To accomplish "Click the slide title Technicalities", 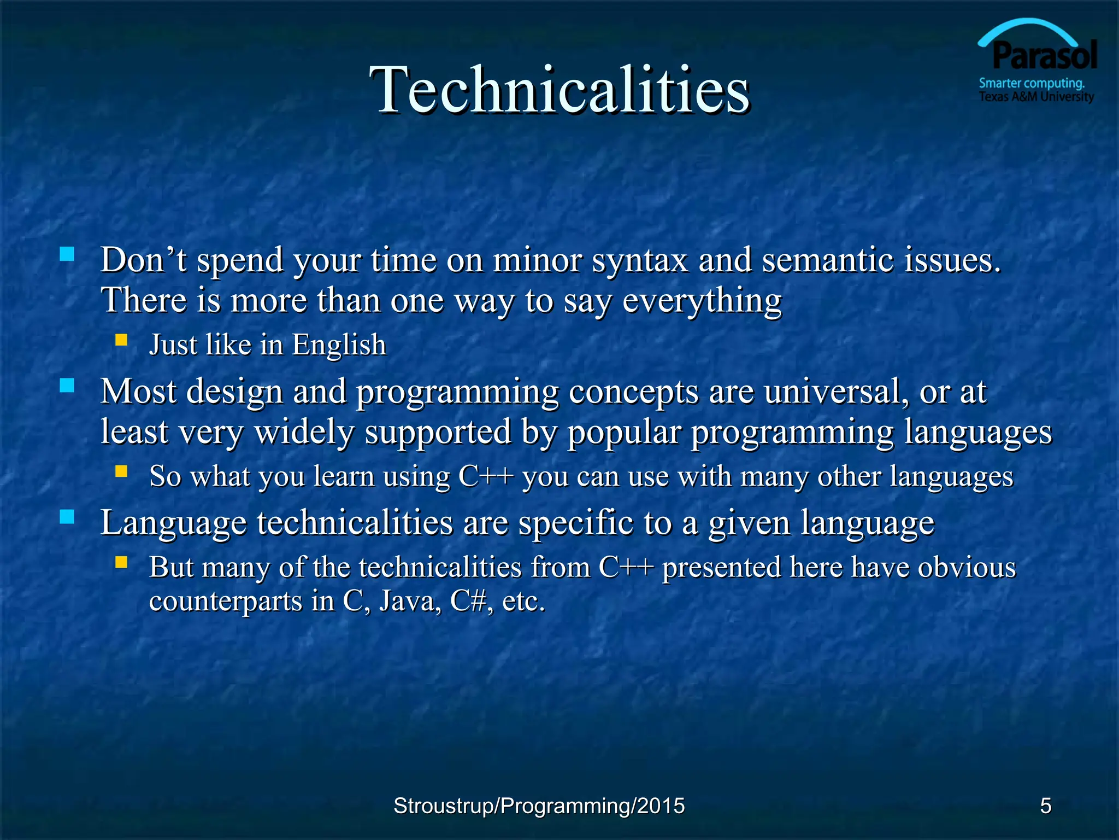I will [x=559, y=90].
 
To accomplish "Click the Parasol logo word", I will [x=1044, y=56].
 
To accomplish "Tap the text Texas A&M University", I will [x=1036, y=97].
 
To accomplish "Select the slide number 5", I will [x=1045, y=806].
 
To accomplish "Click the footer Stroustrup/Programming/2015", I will [x=539, y=806].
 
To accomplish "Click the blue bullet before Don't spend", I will [x=67, y=254].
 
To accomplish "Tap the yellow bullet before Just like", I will [x=121, y=340].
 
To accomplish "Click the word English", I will [x=339, y=346].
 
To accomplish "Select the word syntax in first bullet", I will [x=640, y=261].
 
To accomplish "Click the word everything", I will [x=702, y=301].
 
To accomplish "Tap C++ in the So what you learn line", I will [x=486, y=476].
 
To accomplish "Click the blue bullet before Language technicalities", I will [x=67, y=516].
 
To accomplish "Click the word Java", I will [x=410, y=601].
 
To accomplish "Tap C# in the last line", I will [x=468, y=601].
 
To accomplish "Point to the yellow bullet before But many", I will [x=121, y=562].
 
